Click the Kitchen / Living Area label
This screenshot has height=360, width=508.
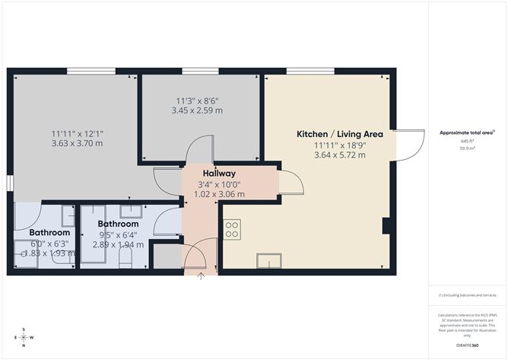[340, 134]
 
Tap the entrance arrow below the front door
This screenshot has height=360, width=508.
[201, 276]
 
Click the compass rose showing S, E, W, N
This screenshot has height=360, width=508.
[24, 337]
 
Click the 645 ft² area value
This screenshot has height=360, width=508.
[467, 142]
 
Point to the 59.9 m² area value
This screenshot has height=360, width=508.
[467, 148]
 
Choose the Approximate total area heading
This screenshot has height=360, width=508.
[466, 132]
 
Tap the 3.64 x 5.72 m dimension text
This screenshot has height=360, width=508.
[340, 155]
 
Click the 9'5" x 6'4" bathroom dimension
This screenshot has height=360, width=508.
[119, 234]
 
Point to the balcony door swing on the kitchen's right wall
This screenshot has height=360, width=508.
[409, 144]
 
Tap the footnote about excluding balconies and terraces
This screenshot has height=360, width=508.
[466, 295]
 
